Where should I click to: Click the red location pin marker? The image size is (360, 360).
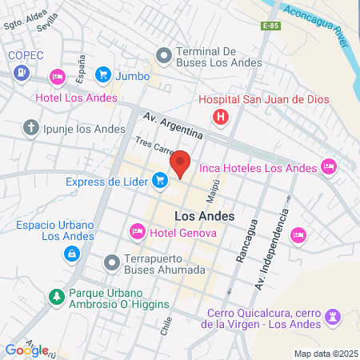pos(181,163)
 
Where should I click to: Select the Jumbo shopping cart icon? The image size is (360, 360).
pos(103,75)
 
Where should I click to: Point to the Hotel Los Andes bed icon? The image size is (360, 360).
pos(57,77)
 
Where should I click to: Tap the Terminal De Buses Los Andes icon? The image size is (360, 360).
pos(164,55)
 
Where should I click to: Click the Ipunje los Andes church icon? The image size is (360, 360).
pos(31,126)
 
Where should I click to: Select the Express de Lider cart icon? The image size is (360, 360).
pos(160,181)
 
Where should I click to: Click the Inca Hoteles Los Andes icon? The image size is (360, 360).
pos(328,166)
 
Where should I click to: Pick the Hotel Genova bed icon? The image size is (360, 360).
pos(137,231)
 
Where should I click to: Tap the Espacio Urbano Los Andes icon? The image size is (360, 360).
pos(72,254)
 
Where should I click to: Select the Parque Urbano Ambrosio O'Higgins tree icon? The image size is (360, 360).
pos(57,296)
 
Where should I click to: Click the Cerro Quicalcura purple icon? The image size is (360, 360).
pos(332,318)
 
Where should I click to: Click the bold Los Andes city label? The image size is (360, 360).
pos(204,216)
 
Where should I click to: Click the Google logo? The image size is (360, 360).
pos(26,350)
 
